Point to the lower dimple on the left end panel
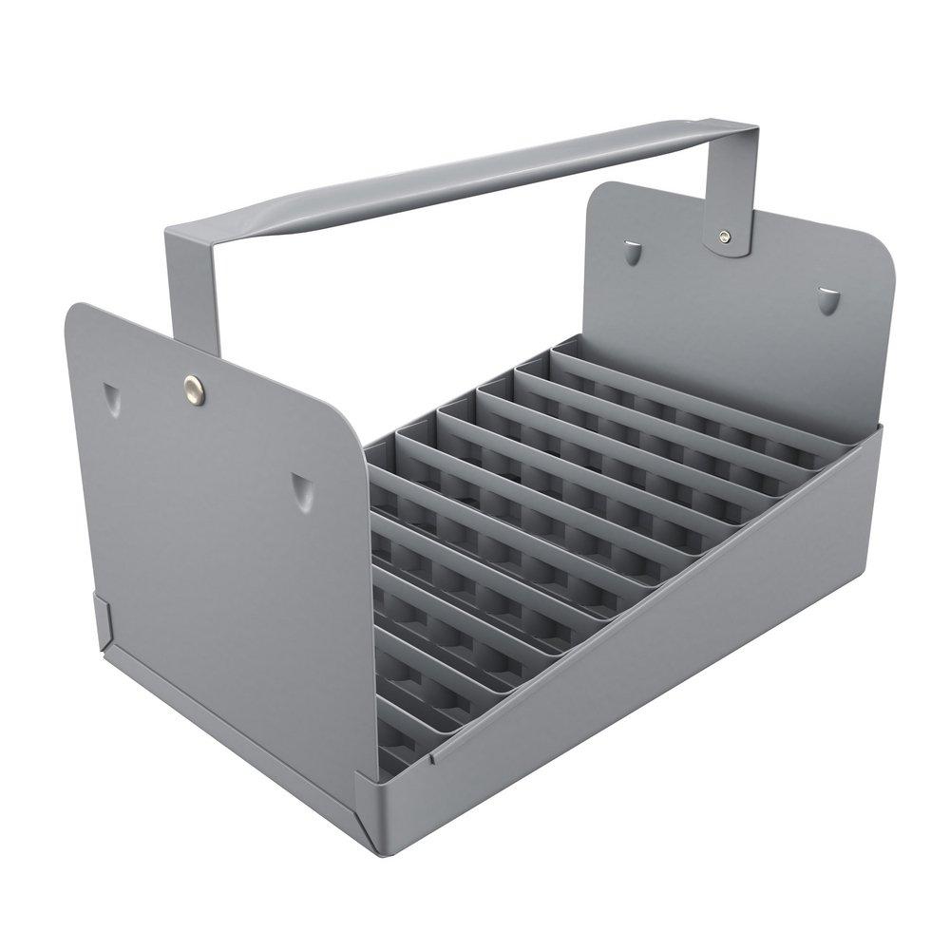(301, 489)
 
